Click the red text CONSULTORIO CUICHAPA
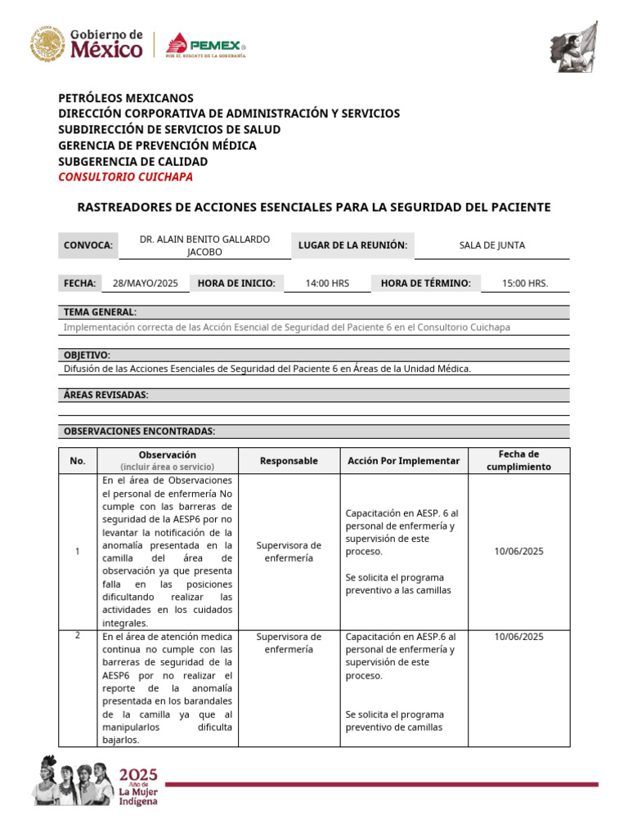click(126, 177)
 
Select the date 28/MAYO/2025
click(145, 284)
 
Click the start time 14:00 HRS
click(327, 284)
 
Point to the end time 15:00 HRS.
click(525, 284)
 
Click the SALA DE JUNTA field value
click(492, 245)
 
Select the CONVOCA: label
click(87, 245)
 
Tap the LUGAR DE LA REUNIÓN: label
click(352, 245)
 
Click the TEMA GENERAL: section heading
click(100, 312)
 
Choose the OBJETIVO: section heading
click(87, 356)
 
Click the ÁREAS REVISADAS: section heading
click(106, 396)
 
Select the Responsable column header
click(289, 461)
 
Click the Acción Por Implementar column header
click(403, 461)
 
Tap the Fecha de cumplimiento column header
click(518, 460)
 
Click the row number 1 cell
click(78, 552)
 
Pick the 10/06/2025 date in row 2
click(518, 637)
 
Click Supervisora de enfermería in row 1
click(289, 552)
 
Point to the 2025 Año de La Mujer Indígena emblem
click(96, 785)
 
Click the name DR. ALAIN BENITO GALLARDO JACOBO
click(204, 245)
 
